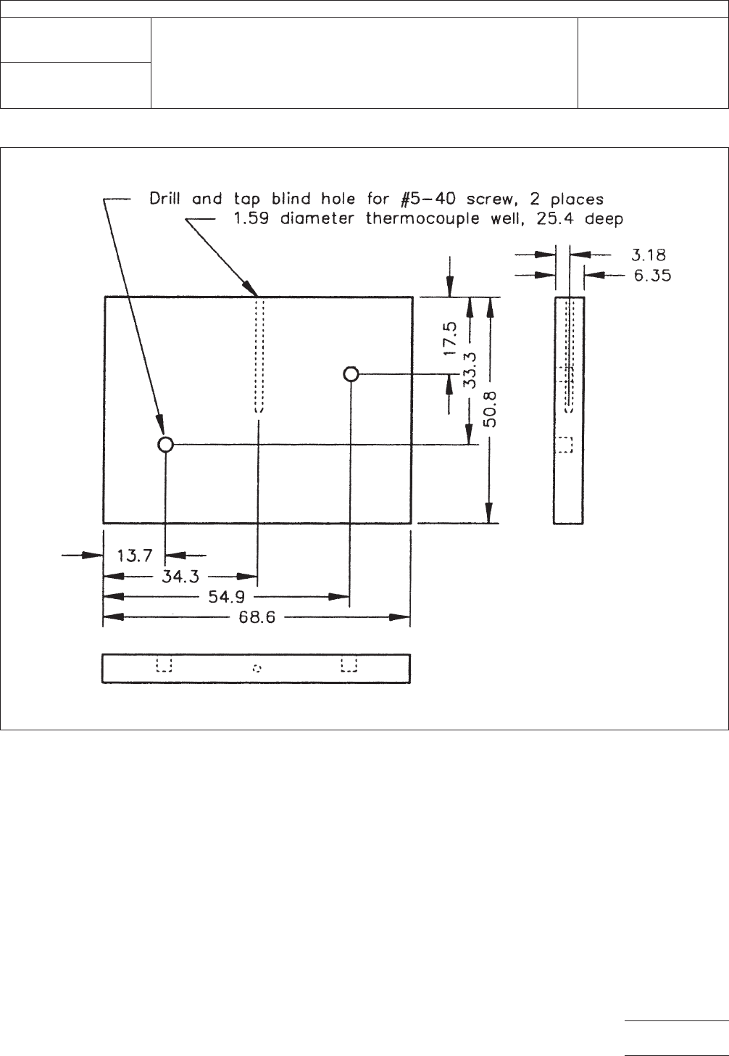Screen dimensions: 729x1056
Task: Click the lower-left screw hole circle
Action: (165, 444)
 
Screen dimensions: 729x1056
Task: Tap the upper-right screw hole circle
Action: (351, 374)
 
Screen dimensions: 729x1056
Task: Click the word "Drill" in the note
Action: (167, 198)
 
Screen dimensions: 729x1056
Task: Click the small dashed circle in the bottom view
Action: (257, 669)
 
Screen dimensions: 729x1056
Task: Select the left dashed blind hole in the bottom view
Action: (164, 665)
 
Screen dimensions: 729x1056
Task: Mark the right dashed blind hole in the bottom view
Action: (350, 665)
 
